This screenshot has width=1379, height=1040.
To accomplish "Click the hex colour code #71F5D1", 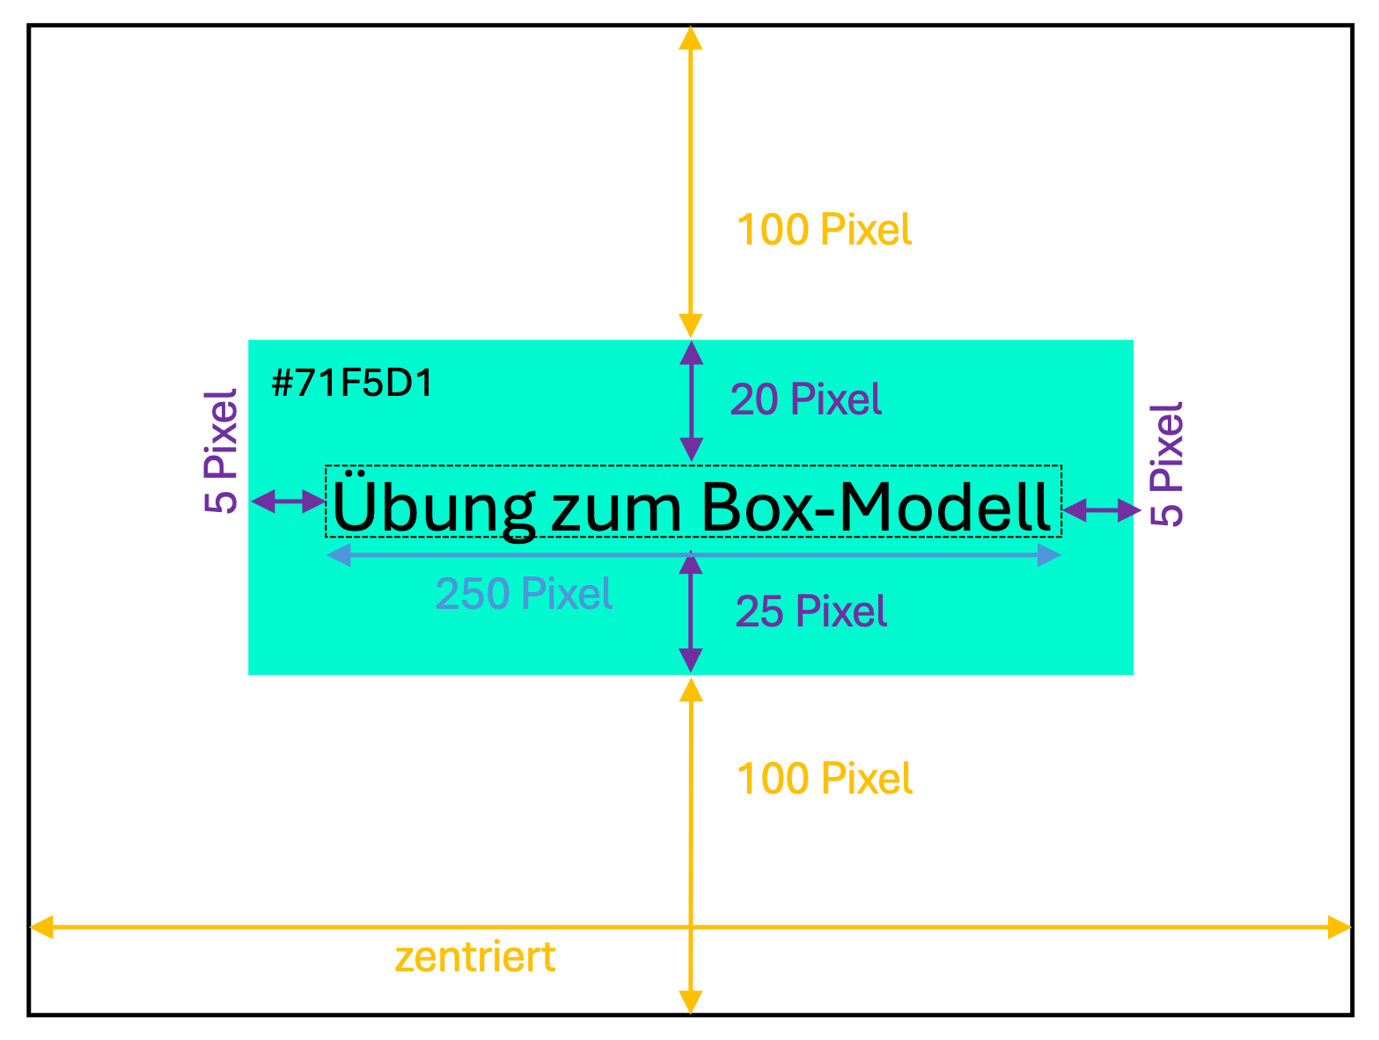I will [352, 384].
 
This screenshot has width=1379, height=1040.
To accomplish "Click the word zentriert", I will [475, 957].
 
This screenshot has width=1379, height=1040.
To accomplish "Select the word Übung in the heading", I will [433, 507].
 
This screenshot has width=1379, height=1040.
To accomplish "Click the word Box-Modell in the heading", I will [876, 507].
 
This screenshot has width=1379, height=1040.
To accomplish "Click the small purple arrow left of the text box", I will [289, 502].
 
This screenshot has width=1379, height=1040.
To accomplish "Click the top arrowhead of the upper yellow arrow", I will [691, 38].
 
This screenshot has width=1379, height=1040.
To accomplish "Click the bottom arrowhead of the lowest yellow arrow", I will [691, 1002].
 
